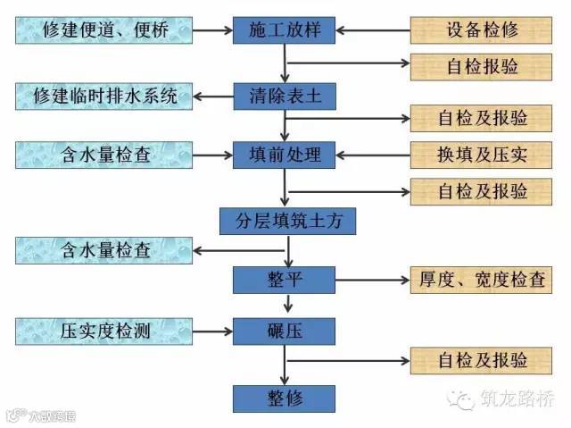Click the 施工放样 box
pos(284,31)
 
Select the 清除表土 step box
pos(284,94)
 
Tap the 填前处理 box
pos(284,155)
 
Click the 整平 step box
pos(284,279)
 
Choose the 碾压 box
pos(284,332)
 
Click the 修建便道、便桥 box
pos(103,31)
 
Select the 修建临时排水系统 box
pos(103,94)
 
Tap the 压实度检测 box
pos(103,332)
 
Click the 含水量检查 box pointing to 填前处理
pos(103,155)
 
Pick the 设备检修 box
pos(483,31)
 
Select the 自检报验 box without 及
pos(483,65)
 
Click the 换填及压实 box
pos(483,155)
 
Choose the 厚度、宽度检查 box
pos(483,279)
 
